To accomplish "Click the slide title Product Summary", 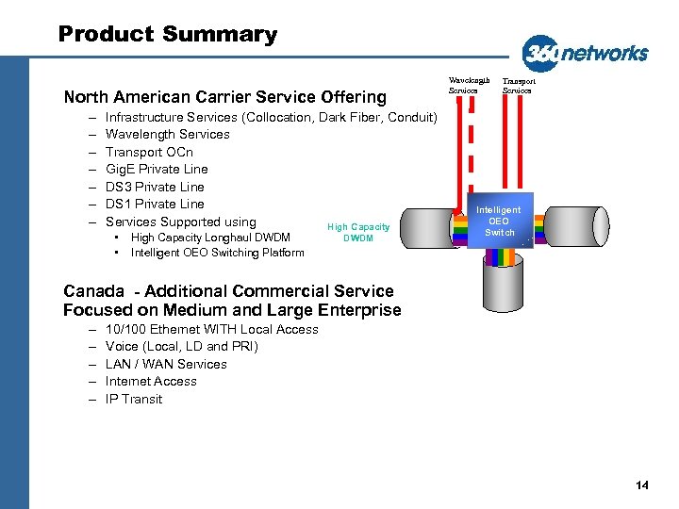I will (168, 35).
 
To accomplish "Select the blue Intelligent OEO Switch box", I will (497, 222).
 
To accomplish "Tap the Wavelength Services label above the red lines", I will (459, 85).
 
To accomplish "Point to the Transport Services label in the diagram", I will (518, 85).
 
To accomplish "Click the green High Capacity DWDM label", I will (358, 232).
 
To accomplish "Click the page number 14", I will (642, 485).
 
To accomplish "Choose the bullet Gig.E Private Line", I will (157, 169).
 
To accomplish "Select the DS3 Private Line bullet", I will (155, 187).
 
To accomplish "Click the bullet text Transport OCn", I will (149, 152).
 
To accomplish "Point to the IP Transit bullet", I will (134, 399).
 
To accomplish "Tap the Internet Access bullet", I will (151, 381).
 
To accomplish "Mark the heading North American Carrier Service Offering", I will (224, 96).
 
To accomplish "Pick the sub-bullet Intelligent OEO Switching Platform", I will (217, 253).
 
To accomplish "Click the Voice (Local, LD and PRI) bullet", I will (182, 346).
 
